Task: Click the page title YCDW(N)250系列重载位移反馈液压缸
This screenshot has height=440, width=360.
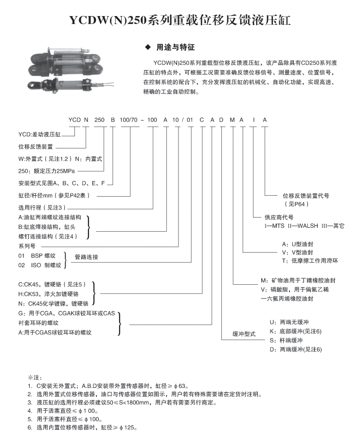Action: coord(180,20)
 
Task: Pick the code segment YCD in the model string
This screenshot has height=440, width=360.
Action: coord(74,119)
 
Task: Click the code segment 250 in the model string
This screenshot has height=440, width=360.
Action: coord(99,119)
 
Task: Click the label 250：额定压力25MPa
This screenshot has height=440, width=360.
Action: coord(47,171)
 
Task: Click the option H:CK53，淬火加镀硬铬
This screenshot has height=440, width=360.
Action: coord(49,294)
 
